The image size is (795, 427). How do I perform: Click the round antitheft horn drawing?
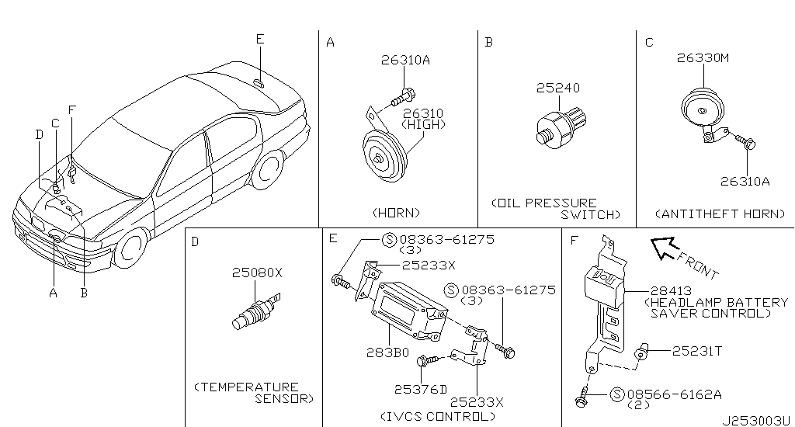(x=702, y=111)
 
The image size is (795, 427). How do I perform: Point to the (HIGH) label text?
(x=425, y=124)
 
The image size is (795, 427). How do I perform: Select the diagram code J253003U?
(x=755, y=418)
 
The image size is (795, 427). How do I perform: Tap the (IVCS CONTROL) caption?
(x=437, y=416)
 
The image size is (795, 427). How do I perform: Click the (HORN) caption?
(x=396, y=212)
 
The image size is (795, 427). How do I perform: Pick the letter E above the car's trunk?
(x=259, y=39)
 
